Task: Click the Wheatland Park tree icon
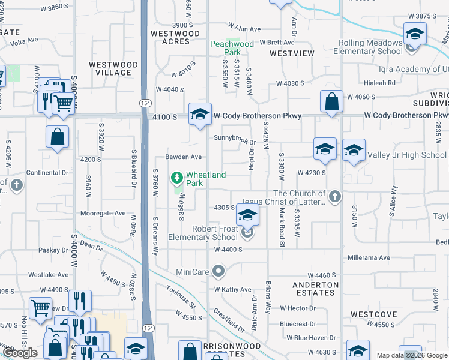(177, 178)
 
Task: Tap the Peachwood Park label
(232, 48)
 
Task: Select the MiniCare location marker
(218, 272)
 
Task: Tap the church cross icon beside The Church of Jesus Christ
(335, 196)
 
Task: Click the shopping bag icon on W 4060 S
(331, 103)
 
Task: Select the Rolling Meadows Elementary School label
(370, 47)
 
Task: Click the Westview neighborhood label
(292, 53)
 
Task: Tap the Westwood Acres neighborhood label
(175, 38)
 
